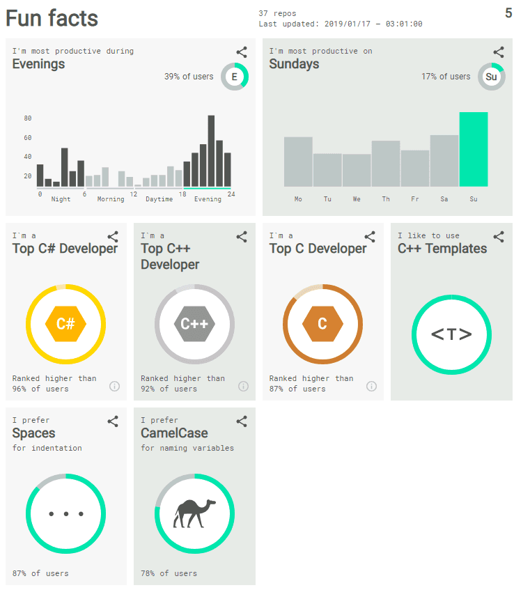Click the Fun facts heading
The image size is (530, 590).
[x=52, y=18]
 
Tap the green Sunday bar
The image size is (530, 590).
[x=474, y=149]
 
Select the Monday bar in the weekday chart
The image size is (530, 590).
[x=298, y=162]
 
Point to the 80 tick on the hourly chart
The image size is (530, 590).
[x=28, y=118]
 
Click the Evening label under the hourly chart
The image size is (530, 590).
[x=208, y=199]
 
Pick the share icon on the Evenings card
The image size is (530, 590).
[x=242, y=52]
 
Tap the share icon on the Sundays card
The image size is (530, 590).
[x=499, y=52]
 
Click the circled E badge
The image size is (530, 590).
[x=235, y=77]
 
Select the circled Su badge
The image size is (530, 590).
[x=492, y=77]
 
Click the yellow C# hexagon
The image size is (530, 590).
[x=65, y=324]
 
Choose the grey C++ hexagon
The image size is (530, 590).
[x=194, y=324]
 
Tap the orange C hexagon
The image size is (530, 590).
[x=322, y=324]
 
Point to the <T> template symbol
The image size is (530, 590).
[x=451, y=334]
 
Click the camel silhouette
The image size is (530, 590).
[x=194, y=514]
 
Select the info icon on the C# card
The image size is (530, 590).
[x=115, y=386]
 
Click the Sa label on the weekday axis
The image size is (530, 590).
[x=444, y=199]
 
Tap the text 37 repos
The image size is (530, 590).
[x=277, y=13]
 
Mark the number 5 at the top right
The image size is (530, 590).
[x=508, y=13]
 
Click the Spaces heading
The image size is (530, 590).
[x=33, y=433]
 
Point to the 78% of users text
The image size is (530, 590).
[x=169, y=573]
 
